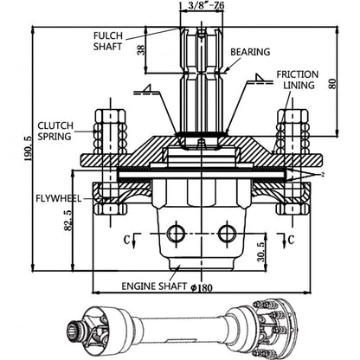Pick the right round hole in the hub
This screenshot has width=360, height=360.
coord(226,231)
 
